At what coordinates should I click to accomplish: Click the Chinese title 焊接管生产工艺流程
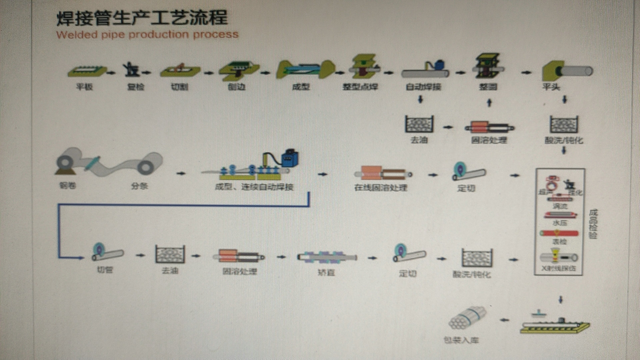coord(142,17)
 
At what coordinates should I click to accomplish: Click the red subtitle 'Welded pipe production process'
coord(147,34)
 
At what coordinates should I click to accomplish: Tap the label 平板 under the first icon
coord(84,87)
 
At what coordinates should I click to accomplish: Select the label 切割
coord(180,87)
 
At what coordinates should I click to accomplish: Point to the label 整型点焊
coord(360,87)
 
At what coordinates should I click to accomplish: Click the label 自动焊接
coord(423,87)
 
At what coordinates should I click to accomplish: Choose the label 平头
coord(551,87)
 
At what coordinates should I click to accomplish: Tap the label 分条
coord(139,186)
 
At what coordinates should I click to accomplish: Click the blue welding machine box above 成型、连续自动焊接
coord(289,158)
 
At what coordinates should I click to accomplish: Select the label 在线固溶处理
coord(381,188)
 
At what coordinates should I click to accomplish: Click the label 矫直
coord(326,272)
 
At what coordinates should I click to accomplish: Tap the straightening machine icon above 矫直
coord(327,257)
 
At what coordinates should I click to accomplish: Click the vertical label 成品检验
coord(593,224)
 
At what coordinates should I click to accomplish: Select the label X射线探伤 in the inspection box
coord(559,268)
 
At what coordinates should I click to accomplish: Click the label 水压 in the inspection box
coord(560,223)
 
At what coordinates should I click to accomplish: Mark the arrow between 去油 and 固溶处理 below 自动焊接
coord(448,127)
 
